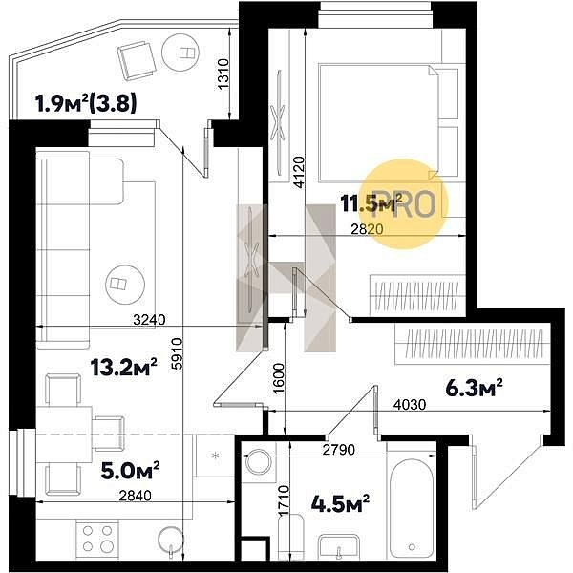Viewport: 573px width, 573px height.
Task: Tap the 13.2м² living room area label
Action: tap(124, 367)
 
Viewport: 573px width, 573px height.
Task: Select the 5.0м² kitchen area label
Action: tap(130, 470)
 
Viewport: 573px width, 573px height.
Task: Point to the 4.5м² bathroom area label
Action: tap(340, 503)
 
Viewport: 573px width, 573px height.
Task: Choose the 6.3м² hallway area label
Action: tap(474, 388)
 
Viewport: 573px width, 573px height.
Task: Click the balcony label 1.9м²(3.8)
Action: tap(86, 103)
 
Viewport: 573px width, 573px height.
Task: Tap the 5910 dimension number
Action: tap(178, 355)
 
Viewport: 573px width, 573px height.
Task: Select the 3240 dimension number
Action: tap(149, 320)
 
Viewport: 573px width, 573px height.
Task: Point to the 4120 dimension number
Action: tap(299, 172)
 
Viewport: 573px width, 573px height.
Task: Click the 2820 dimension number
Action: tap(367, 229)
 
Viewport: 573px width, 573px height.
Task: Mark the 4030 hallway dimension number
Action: tap(410, 405)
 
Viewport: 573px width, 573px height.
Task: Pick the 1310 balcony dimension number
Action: tap(223, 74)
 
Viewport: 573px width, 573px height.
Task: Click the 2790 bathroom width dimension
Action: tap(339, 450)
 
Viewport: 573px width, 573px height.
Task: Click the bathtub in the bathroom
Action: tap(412, 509)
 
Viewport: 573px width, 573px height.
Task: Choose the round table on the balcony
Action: tap(180, 53)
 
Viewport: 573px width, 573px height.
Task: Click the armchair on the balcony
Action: tap(137, 60)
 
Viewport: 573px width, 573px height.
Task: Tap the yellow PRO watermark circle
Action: tap(405, 204)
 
